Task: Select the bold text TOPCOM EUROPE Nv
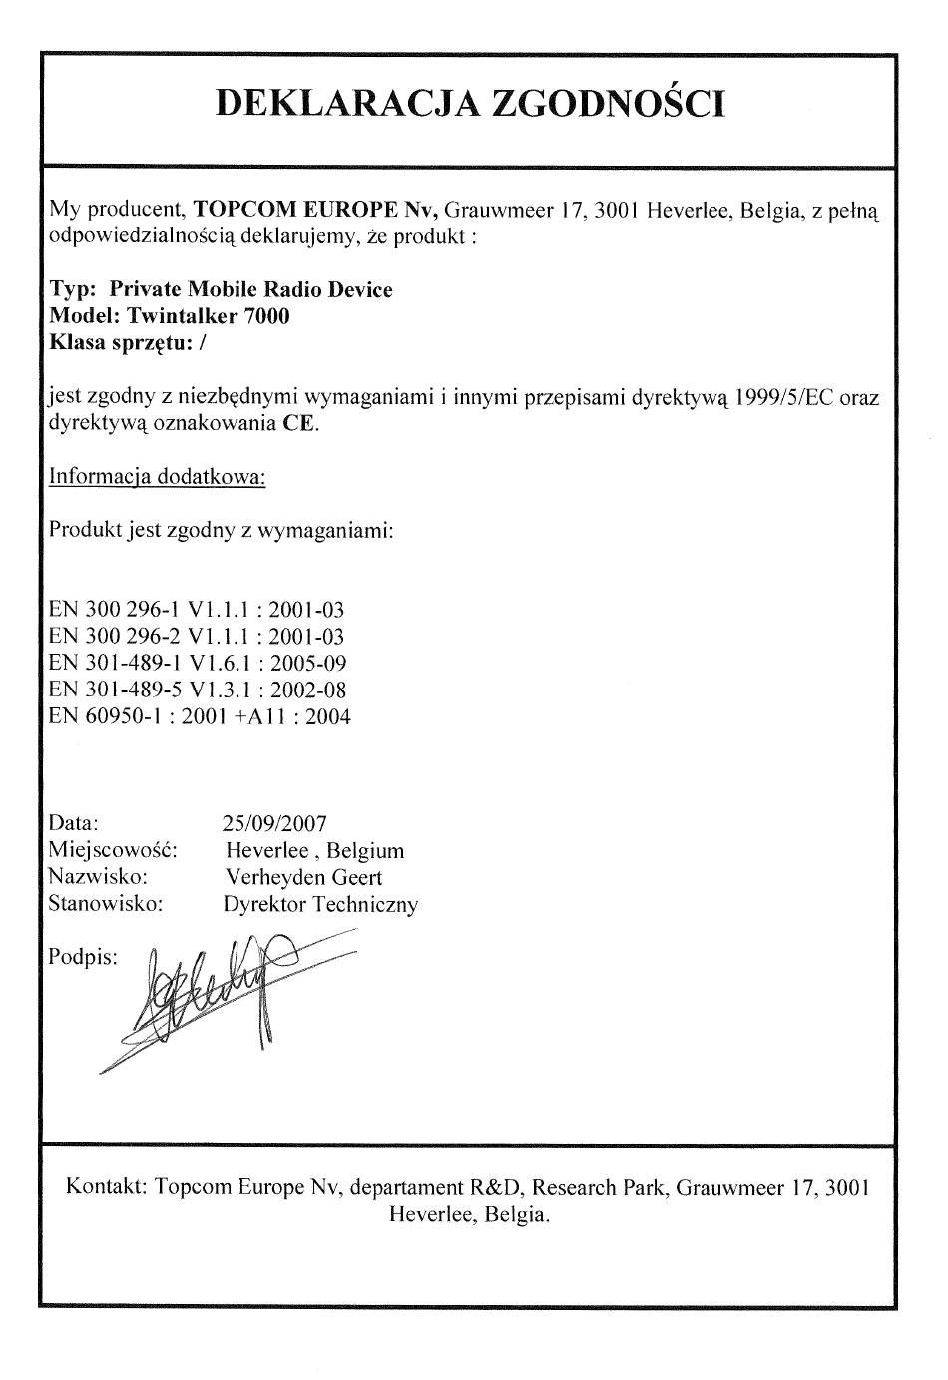coord(315,211)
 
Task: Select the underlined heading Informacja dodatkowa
coord(158,477)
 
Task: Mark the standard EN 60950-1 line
coord(200,716)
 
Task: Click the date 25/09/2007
coord(274,824)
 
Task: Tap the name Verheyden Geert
coord(303,878)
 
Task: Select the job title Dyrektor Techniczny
coord(320,905)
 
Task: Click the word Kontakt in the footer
coord(107,1187)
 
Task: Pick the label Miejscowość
coord(113,851)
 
